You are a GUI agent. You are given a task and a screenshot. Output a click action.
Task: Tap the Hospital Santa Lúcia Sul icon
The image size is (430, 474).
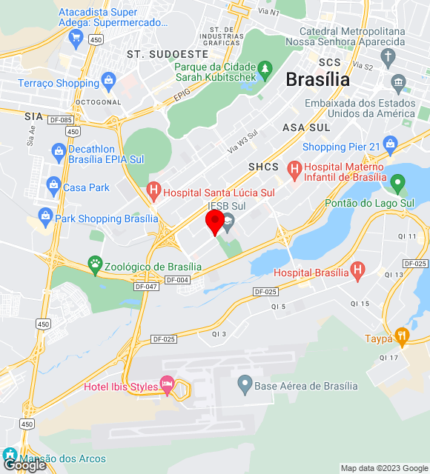153,193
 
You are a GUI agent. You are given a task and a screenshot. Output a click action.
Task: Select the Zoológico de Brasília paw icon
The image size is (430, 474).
95,263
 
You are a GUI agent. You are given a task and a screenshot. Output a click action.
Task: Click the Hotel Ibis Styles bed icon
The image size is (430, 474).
167,386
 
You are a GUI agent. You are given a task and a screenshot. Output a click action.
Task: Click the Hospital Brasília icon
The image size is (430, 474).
358,271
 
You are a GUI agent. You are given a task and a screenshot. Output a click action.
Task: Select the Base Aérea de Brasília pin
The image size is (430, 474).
245,385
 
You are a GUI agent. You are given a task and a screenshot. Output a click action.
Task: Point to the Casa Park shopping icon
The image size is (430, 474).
53,187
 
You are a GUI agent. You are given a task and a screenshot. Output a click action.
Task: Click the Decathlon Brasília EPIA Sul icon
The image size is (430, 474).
59,153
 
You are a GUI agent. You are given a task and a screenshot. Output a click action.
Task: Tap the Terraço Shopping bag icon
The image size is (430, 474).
109,79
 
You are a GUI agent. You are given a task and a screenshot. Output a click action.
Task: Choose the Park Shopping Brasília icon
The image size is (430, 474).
45,218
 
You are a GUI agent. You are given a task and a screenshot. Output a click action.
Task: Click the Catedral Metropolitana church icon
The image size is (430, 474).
388,57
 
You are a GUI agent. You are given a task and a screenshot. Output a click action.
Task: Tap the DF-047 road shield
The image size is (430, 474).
146,285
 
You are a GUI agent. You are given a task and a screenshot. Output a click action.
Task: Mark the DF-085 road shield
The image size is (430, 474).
61,119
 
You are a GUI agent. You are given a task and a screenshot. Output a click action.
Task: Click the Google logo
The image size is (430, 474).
25,465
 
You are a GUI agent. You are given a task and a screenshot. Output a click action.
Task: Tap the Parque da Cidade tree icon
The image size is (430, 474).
265,70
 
